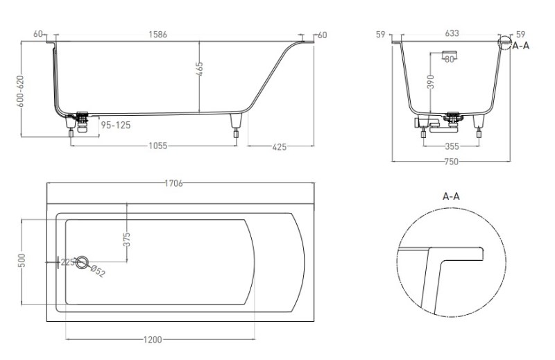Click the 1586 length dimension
(x=157, y=35)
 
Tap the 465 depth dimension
(x=199, y=69)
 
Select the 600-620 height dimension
(x=20, y=91)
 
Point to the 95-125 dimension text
(x=116, y=126)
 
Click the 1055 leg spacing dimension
(x=157, y=146)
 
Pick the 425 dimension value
(x=280, y=147)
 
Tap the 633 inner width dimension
(x=452, y=33)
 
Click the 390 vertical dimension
(x=430, y=82)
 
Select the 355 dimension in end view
(x=452, y=146)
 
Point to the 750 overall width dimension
(x=452, y=162)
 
